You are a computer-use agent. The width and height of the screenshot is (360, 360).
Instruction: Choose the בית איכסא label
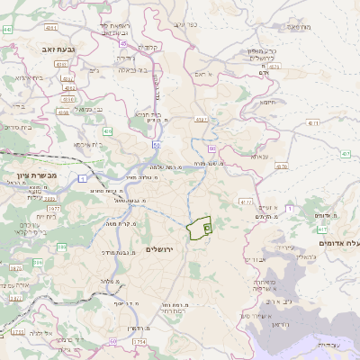click(83, 144)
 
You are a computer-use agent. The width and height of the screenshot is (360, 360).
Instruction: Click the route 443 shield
click(7, 30)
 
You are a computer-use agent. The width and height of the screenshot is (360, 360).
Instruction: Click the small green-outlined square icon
click(206, 229)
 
